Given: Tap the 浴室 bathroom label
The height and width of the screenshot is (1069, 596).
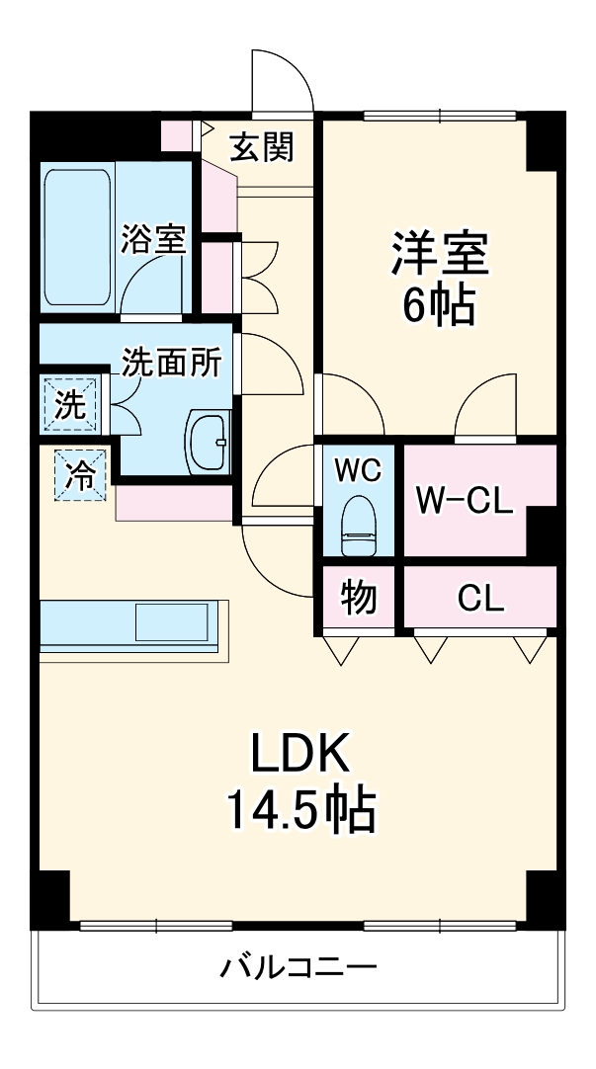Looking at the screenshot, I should (x=153, y=239).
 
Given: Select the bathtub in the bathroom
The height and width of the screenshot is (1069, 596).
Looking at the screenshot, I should (x=77, y=236).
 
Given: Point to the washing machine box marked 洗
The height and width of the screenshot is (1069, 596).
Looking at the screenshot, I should (x=69, y=405).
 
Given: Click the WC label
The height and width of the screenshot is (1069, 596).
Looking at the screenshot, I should (x=356, y=471).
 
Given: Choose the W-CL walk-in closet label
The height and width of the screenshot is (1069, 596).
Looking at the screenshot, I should (x=463, y=501).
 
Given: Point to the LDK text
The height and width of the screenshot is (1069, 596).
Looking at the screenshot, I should (x=298, y=757).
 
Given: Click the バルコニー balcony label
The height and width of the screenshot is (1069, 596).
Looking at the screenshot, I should (x=297, y=965).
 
